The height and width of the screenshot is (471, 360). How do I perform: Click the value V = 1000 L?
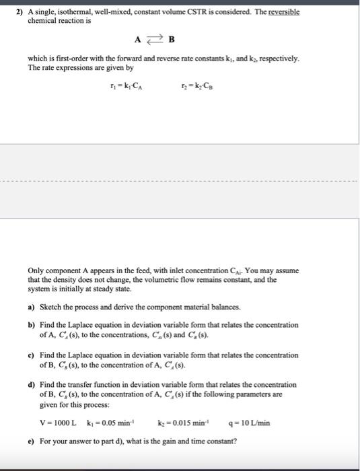(x=59, y=424)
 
